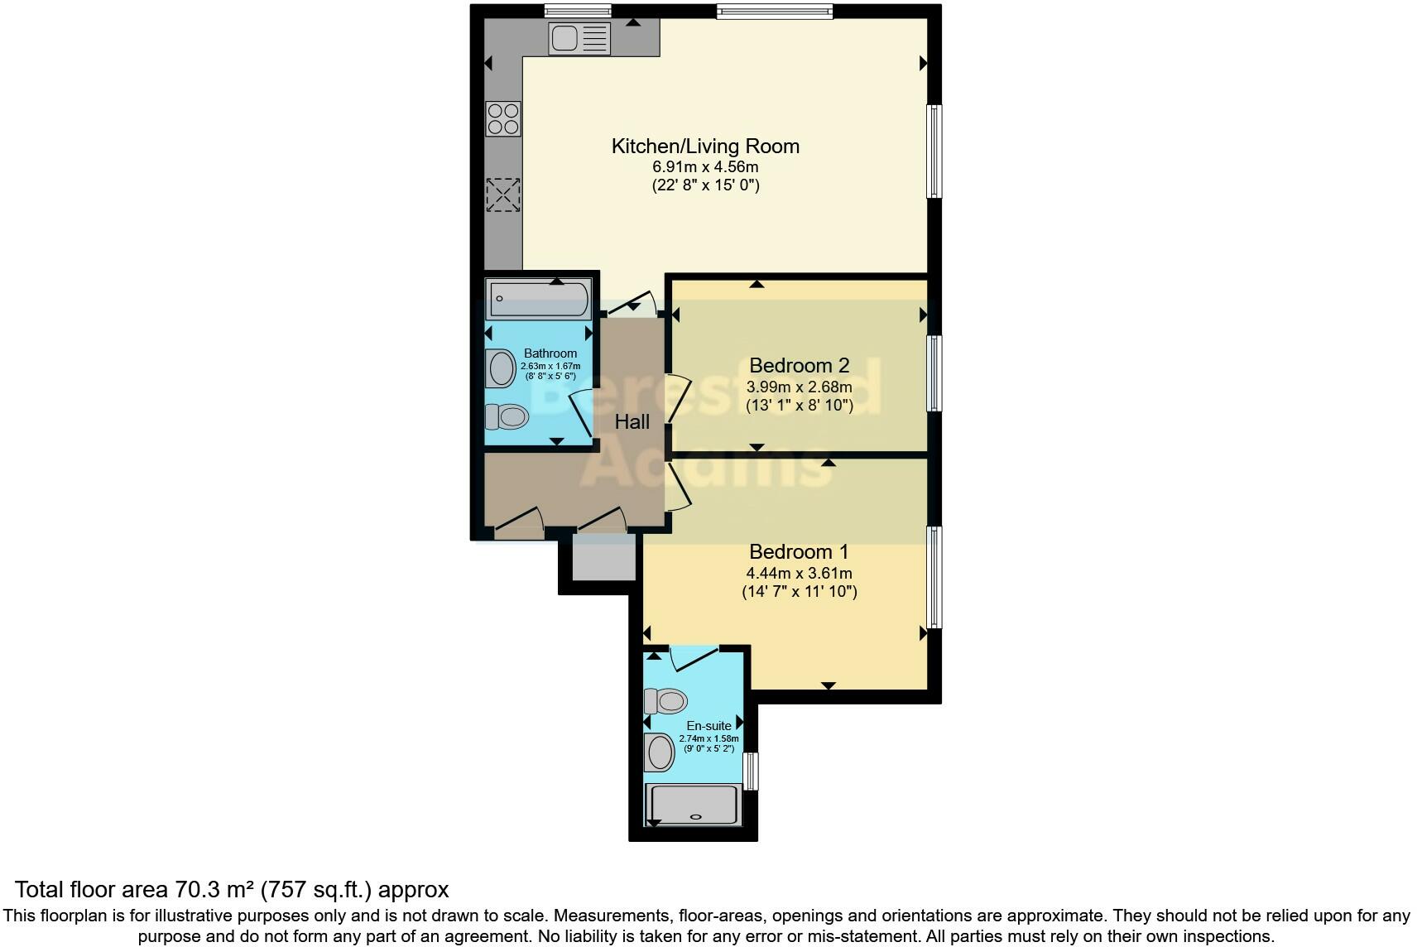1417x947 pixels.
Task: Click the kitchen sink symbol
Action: click(x=579, y=38)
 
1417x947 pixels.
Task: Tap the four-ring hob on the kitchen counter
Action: click(x=503, y=118)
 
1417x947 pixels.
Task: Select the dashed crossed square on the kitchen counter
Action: click(x=502, y=195)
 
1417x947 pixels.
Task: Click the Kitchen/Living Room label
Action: click(x=705, y=147)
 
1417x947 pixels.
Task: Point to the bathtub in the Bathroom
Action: click(x=540, y=299)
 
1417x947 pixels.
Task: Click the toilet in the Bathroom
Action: click(x=507, y=416)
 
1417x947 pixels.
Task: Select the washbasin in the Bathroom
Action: click(x=502, y=368)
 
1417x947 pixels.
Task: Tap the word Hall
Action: click(x=632, y=422)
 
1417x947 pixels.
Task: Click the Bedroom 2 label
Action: click(x=799, y=365)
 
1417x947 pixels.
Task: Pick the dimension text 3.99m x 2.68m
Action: click(x=799, y=387)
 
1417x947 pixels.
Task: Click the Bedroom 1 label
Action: click(x=799, y=551)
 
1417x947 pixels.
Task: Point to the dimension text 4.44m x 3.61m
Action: click(x=799, y=573)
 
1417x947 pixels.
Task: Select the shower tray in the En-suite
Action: click(x=694, y=805)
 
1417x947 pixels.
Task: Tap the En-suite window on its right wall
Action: click(x=751, y=771)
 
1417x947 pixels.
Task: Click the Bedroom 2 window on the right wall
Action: click(x=934, y=373)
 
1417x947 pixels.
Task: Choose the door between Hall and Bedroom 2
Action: click(x=676, y=399)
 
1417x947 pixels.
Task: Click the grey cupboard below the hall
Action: click(x=604, y=557)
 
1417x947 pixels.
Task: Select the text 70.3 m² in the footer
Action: click(x=214, y=890)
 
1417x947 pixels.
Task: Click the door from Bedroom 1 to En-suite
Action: click(x=694, y=659)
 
